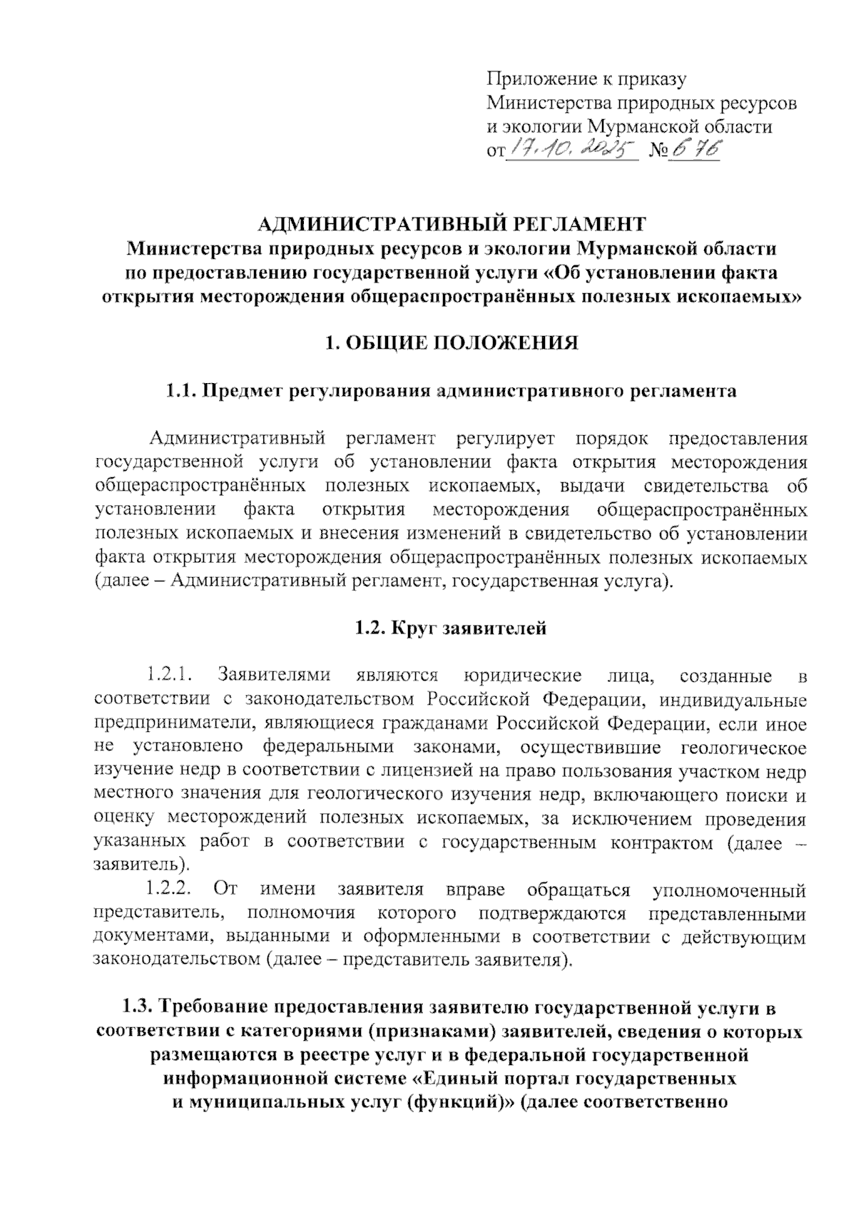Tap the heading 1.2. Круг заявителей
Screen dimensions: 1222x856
[x=451, y=628]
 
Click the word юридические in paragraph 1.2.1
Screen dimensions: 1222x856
[x=523, y=675]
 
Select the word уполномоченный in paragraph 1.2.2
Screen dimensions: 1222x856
[x=729, y=890]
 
